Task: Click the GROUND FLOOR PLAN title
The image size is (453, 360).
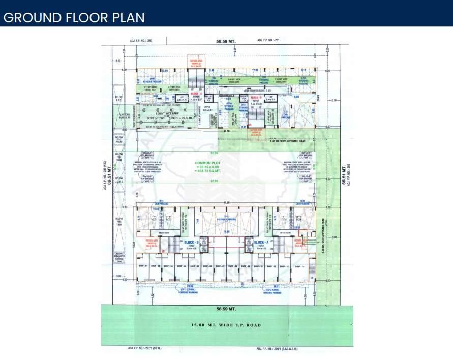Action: (74, 17)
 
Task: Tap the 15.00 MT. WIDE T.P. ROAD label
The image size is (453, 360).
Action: (226, 326)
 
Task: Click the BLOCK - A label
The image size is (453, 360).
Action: (261, 242)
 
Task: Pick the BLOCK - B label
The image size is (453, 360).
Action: (191, 242)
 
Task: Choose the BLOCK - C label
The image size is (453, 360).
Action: (196, 94)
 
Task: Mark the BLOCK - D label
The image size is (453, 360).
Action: (255, 97)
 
